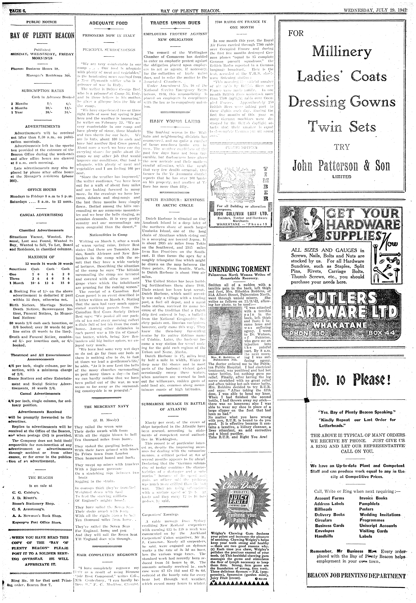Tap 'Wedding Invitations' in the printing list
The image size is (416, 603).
380,515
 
